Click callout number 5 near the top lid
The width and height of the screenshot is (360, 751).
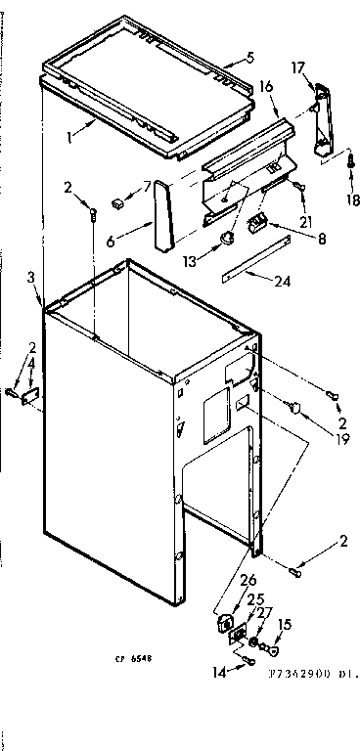[223, 58]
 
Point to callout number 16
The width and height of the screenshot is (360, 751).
[266, 88]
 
